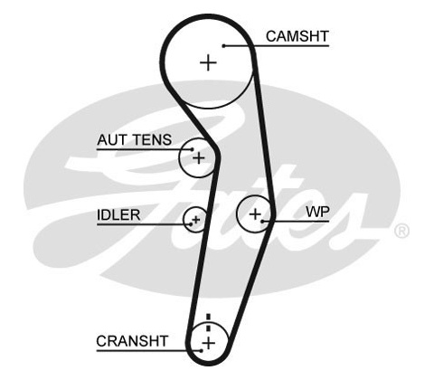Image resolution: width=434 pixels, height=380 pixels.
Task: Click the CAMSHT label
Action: (x=297, y=36)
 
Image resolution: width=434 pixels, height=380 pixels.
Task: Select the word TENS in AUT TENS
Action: (x=152, y=140)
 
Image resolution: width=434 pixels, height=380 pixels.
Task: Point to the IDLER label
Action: (x=118, y=215)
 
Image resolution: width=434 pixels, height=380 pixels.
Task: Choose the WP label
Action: (x=317, y=212)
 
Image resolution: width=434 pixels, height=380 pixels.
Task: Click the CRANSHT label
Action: (x=132, y=341)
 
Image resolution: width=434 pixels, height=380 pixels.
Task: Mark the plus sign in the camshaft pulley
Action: (x=208, y=62)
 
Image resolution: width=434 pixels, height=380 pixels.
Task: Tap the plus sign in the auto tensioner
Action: (x=199, y=158)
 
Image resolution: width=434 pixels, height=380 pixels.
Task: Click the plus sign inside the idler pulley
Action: (x=196, y=220)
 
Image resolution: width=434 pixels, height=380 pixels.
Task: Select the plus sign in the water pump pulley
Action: (x=255, y=214)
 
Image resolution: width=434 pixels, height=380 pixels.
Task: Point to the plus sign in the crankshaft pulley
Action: (x=208, y=343)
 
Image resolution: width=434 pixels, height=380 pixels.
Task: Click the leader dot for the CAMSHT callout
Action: (x=223, y=46)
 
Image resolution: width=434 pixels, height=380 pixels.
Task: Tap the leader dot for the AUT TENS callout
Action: (x=193, y=149)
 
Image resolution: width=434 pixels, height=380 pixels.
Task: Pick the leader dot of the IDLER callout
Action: (x=191, y=224)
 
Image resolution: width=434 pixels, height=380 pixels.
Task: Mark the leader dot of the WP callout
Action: (x=262, y=222)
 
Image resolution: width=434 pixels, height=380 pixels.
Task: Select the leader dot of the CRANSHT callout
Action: (x=202, y=350)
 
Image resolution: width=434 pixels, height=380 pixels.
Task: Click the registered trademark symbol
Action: (x=401, y=231)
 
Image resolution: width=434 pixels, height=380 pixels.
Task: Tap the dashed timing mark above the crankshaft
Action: (x=208, y=323)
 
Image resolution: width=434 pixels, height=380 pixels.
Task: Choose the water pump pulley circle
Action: (x=237, y=214)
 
